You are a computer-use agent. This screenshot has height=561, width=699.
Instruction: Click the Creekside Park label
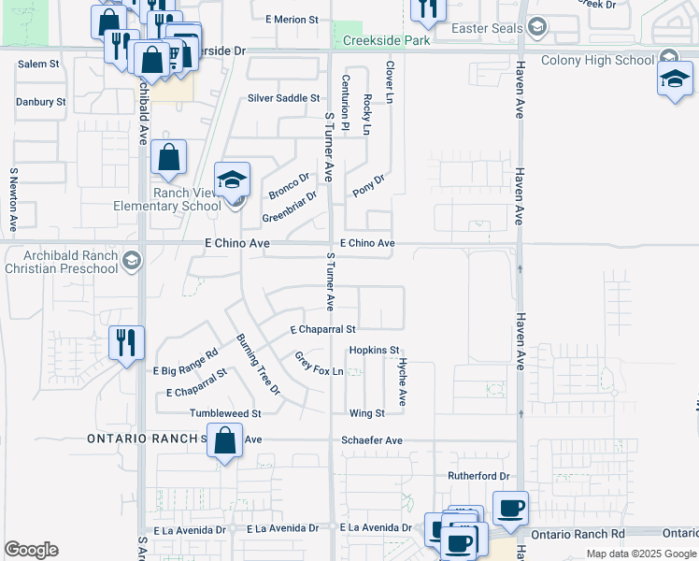click(x=386, y=41)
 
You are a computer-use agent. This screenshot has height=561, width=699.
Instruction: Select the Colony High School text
click(x=609, y=60)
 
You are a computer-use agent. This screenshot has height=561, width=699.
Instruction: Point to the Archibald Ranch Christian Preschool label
click(x=60, y=262)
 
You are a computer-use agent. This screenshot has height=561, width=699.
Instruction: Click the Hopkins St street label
click(x=374, y=350)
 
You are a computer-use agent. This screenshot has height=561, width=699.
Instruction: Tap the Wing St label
click(x=366, y=413)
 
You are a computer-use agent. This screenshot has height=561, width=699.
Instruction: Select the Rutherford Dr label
click(x=478, y=476)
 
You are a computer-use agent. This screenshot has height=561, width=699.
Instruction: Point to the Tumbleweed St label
click(x=224, y=413)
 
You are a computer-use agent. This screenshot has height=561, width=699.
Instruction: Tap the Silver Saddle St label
click(x=284, y=98)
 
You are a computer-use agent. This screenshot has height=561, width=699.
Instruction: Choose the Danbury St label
click(x=41, y=101)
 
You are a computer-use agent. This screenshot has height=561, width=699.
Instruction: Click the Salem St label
click(x=38, y=65)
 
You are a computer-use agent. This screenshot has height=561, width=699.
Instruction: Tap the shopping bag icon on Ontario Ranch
click(x=225, y=441)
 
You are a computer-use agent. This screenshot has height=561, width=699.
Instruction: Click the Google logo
click(x=31, y=550)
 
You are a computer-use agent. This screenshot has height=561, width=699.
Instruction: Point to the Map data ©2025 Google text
click(x=641, y=554)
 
